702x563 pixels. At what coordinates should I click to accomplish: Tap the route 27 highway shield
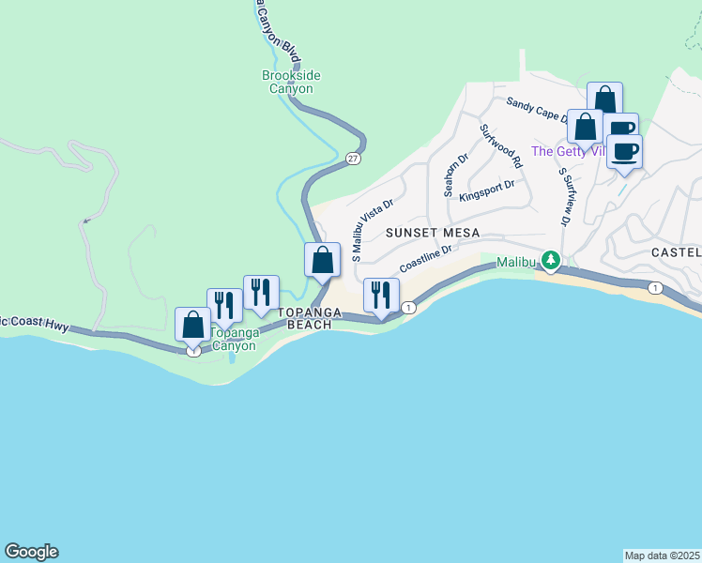click(352, 159)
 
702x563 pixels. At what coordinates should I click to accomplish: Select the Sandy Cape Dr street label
click(536, 109)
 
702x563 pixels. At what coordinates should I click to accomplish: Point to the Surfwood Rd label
click(500, 146)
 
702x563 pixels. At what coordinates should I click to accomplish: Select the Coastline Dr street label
click(427, 256)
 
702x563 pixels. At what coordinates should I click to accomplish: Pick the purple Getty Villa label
click(568, 151)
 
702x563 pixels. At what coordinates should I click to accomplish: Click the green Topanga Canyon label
click(232, 339)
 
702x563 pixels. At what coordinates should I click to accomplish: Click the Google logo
click(31, 552)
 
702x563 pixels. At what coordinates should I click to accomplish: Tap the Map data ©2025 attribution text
click(662, 555)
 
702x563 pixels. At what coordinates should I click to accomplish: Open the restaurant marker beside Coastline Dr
click(381, 295)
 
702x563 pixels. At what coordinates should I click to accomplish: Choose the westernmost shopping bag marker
click(193, 325)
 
